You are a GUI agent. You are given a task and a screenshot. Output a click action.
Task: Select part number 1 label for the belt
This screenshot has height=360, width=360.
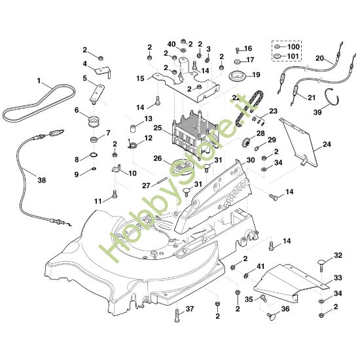(x=39, y=82)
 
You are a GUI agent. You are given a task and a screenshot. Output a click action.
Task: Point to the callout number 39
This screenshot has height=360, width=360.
(x=336, y=113)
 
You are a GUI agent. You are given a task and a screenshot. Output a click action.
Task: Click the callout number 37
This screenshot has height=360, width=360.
(x=190, y=308)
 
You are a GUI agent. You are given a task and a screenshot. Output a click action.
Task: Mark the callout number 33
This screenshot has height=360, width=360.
(x=338, y=278)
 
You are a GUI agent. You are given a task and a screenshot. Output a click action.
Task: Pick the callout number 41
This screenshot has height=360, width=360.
(x=261, y=266)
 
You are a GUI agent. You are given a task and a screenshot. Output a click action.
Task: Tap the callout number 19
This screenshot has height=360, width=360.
(x=256, y=75)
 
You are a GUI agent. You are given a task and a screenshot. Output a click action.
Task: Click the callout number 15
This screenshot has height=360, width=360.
(x=140, y=79)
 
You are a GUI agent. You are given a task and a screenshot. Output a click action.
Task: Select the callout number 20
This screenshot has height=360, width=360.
(x=320, y=58)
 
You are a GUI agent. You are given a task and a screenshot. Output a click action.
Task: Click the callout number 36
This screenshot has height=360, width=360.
(x=285, y=309)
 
